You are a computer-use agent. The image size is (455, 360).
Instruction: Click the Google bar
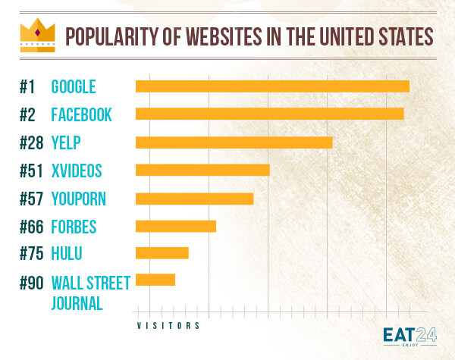(272, 86)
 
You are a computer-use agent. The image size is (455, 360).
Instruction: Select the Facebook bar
(269, 114)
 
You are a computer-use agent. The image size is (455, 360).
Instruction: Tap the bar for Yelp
(234, 142)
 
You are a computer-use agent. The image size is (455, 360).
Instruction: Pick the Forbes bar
(176, 226)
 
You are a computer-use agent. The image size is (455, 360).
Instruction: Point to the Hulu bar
(162, 253)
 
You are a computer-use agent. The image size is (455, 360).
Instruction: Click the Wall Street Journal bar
(155, 280)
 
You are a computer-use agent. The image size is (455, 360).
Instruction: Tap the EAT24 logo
(410, 336)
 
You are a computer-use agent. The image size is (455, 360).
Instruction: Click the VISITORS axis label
(168, 326)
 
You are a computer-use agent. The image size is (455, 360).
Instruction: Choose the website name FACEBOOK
(82, 114)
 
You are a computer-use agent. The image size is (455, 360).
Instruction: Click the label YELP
(66, 142)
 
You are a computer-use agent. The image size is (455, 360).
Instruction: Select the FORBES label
(74, 227)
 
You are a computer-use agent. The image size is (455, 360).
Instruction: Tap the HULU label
(67, 254)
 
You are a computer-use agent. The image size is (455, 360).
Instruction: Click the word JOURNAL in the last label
(77, 303)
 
